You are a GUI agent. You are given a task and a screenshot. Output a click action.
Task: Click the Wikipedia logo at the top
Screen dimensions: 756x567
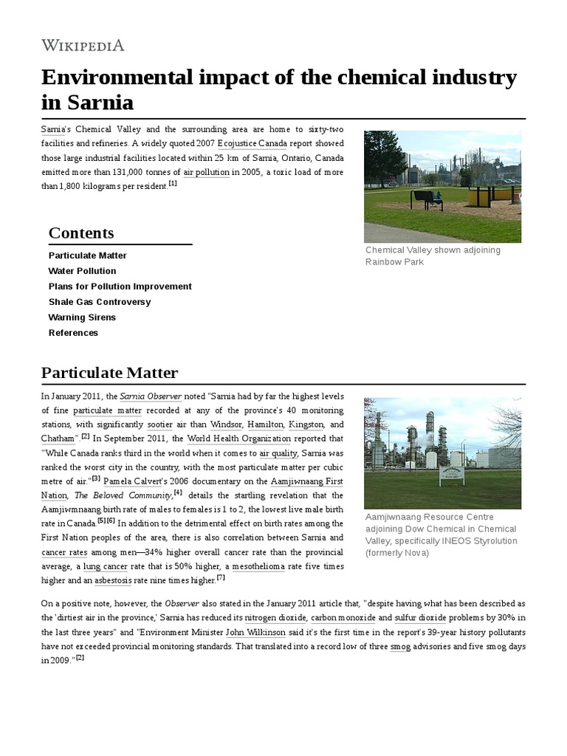83,45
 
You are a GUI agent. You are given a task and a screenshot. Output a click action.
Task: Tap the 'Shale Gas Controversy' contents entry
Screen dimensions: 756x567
99,302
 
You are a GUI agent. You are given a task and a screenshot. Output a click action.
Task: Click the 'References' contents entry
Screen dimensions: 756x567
73,333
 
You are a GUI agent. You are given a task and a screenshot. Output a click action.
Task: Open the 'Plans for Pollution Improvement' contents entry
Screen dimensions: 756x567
120,286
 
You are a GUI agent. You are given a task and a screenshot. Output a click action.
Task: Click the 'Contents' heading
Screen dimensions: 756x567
81,233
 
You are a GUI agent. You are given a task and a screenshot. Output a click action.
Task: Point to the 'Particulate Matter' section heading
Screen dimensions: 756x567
109,372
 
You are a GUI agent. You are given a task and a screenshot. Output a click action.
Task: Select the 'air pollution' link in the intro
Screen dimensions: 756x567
206,172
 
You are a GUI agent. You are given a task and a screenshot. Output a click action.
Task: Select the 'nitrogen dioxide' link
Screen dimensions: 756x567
275,617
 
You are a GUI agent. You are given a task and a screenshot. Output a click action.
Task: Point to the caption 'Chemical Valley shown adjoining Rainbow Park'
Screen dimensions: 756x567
433,256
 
